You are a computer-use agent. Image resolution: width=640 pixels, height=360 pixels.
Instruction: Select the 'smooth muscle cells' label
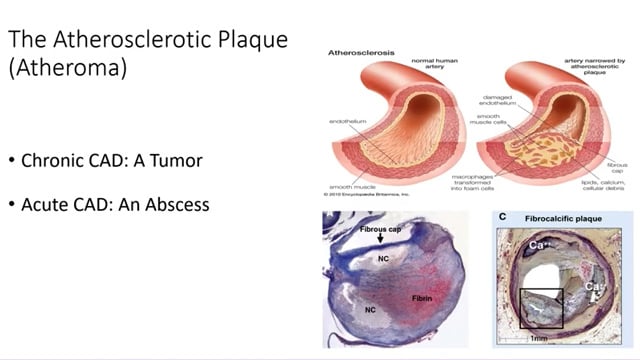click(x=489, y=120)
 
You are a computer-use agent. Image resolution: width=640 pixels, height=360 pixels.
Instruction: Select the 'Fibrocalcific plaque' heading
click(x=549, y=217)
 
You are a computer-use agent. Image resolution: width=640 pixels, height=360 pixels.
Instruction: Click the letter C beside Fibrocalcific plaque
click(x=504, y=217)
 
